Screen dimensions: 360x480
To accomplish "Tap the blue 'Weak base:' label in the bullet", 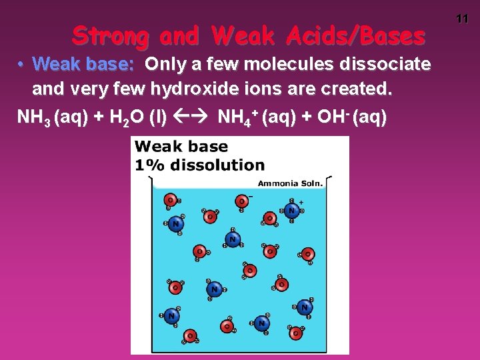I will (x=84, y=65).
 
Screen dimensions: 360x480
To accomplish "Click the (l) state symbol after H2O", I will (x=157, y=118).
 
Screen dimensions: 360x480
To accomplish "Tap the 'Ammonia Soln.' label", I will (x=290, y=183).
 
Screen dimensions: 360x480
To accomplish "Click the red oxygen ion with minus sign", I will (x=242, y=201).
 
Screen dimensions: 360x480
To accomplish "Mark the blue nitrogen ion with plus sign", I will (x=291, y=210).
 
